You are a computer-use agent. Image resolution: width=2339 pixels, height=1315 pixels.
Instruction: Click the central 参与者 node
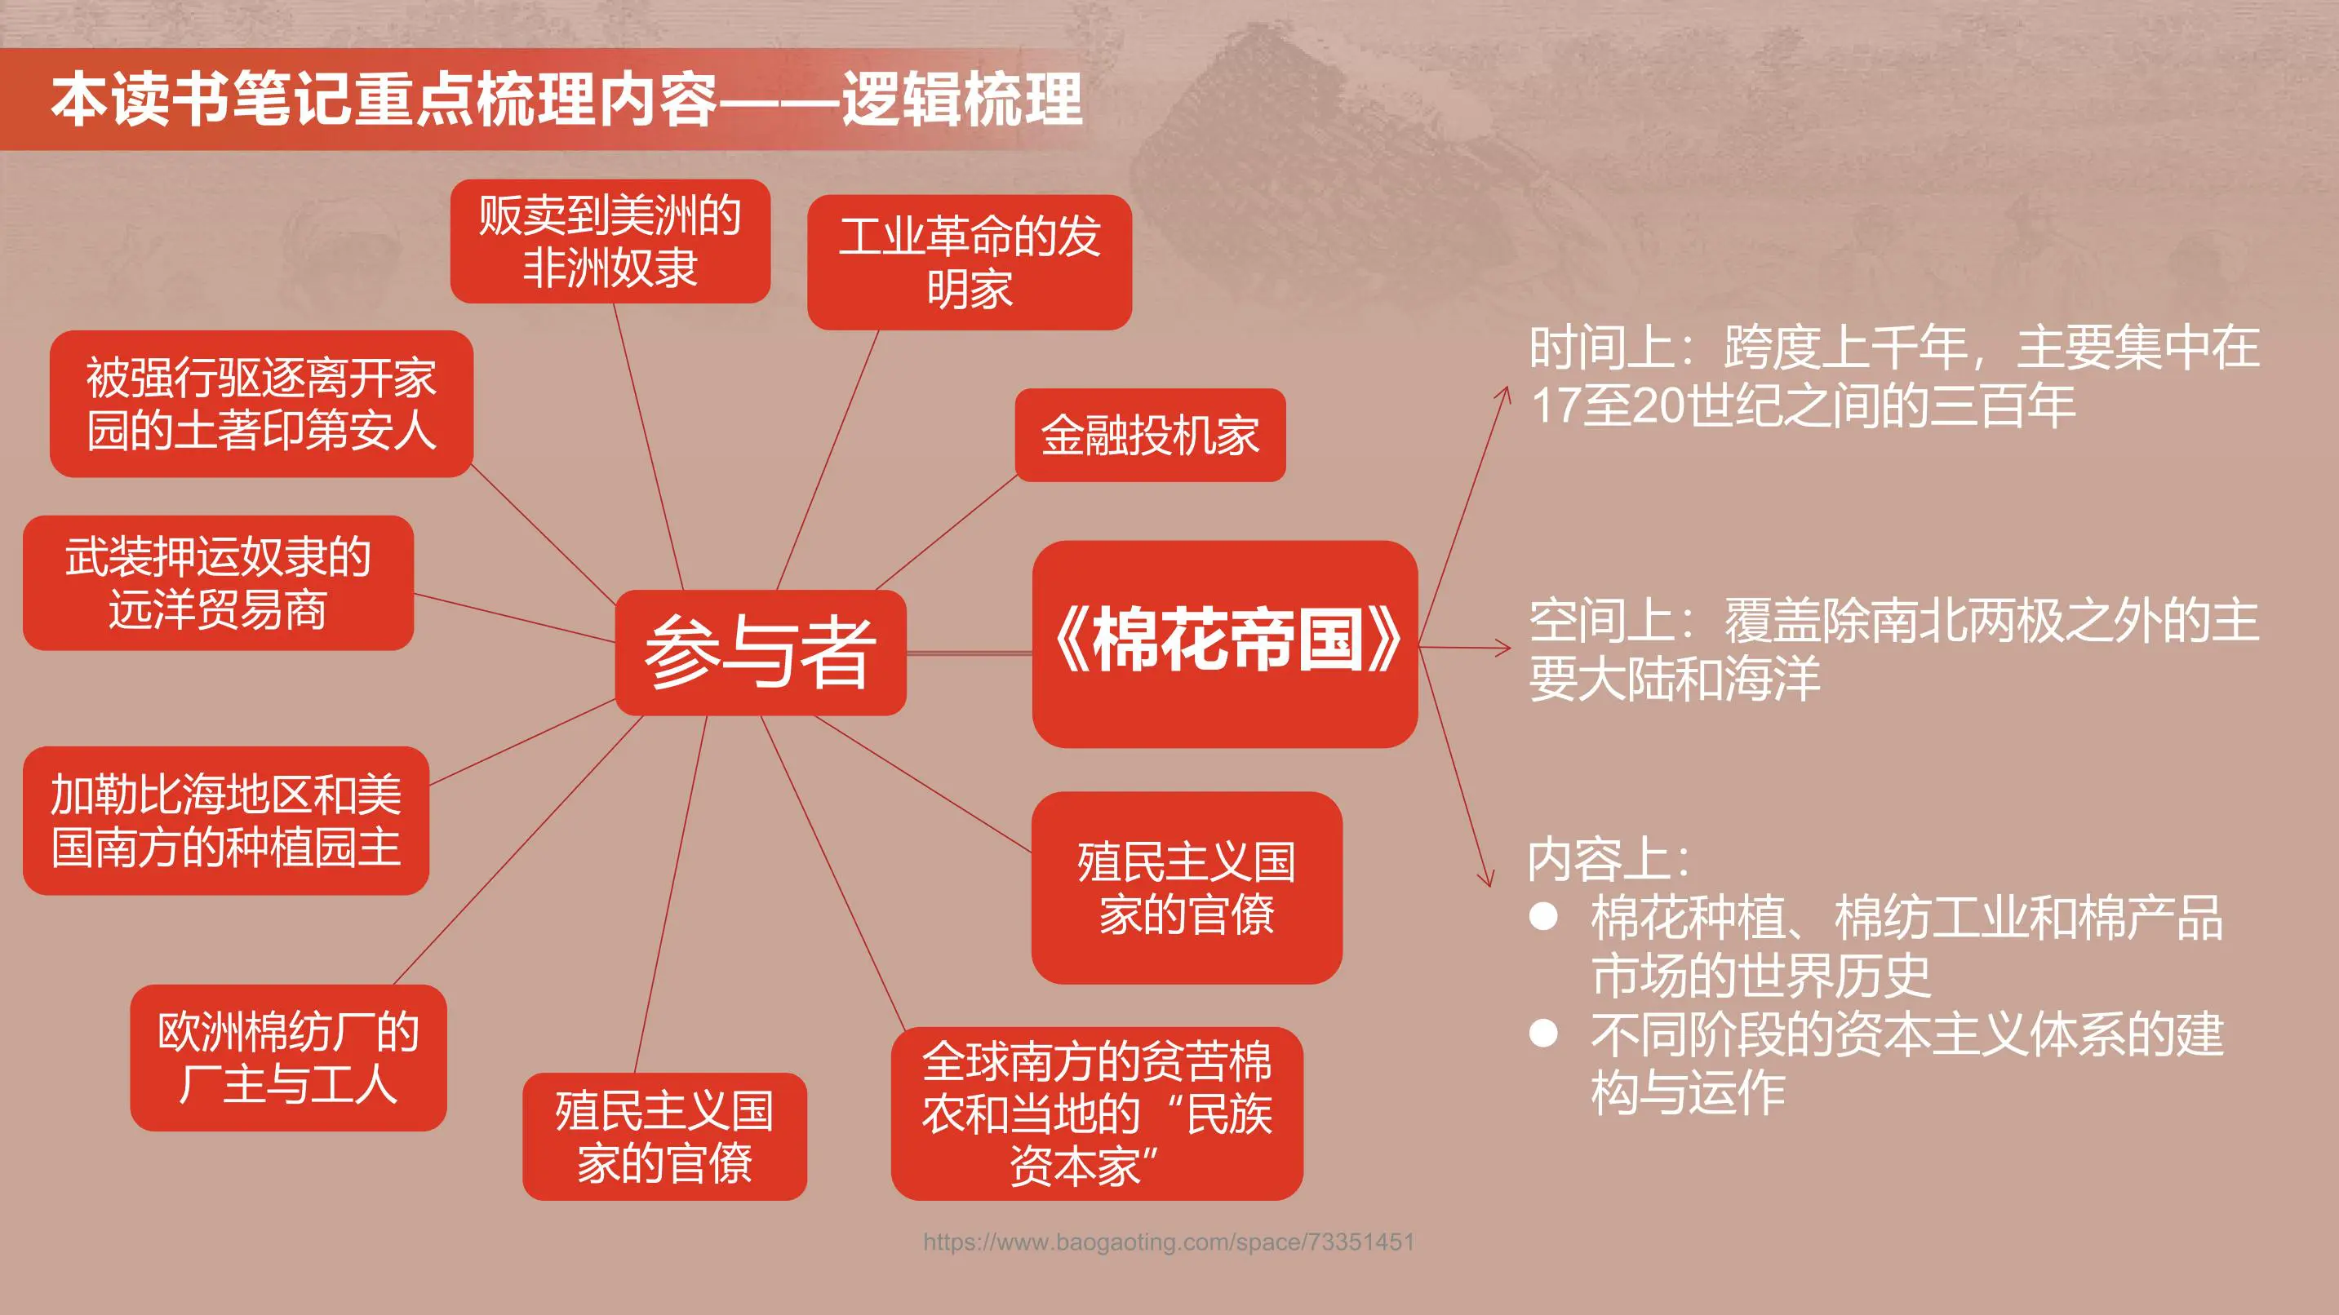coord(760,652)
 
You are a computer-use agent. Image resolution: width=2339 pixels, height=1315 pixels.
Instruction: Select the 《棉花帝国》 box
coord(1225,644)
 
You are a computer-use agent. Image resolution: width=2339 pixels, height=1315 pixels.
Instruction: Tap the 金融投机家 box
coord(1150,435)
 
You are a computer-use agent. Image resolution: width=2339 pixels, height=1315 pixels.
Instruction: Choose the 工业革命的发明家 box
coord(969,263)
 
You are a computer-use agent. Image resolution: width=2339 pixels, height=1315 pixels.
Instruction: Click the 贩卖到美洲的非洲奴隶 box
coord(610,241)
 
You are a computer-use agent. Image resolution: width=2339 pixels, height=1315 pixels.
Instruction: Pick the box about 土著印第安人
coord(261,404)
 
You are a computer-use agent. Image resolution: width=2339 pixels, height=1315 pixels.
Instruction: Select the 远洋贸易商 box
coord(218,582)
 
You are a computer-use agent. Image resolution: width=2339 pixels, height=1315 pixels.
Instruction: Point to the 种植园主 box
coord(226,821)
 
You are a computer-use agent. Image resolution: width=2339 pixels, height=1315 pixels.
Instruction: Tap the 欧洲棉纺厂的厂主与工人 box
coord(288,1057)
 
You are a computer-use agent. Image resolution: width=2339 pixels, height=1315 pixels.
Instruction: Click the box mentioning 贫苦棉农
coord(1097,1114)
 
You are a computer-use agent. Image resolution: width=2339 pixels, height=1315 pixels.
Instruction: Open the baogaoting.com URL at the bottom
coord(1169,1242)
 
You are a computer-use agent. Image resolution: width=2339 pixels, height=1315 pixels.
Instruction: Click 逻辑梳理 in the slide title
coord(962,99)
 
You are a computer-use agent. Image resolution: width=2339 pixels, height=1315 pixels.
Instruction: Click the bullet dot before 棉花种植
coord(1543,916)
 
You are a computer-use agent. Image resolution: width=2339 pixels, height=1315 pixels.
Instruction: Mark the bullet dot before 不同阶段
coord(1543,1033)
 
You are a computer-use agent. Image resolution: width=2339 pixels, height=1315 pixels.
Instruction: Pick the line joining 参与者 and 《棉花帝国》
coord(969,653)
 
